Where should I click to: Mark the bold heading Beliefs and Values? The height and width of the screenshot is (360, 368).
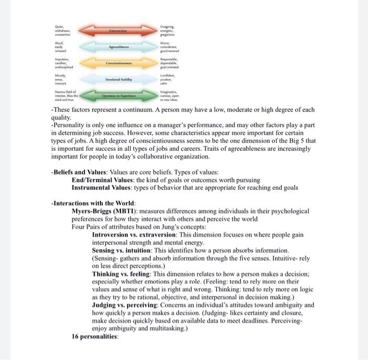coord(81,172)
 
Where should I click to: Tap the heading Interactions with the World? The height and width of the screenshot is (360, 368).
coord(94,203)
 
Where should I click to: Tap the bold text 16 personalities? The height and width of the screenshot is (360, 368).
coord(95,336)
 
